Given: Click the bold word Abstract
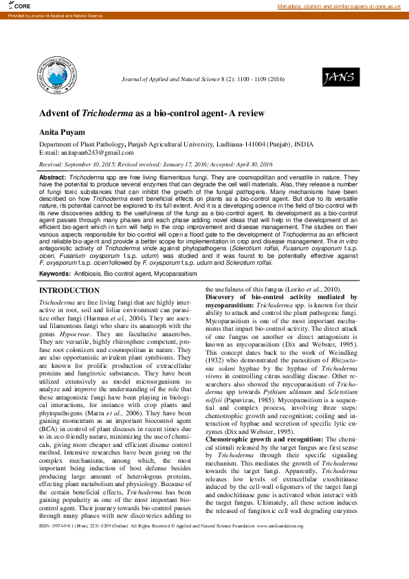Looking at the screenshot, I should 53,177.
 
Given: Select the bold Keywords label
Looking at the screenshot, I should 55,274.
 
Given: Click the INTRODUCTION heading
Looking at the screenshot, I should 69,291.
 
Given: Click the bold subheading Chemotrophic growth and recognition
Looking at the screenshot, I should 263,419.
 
